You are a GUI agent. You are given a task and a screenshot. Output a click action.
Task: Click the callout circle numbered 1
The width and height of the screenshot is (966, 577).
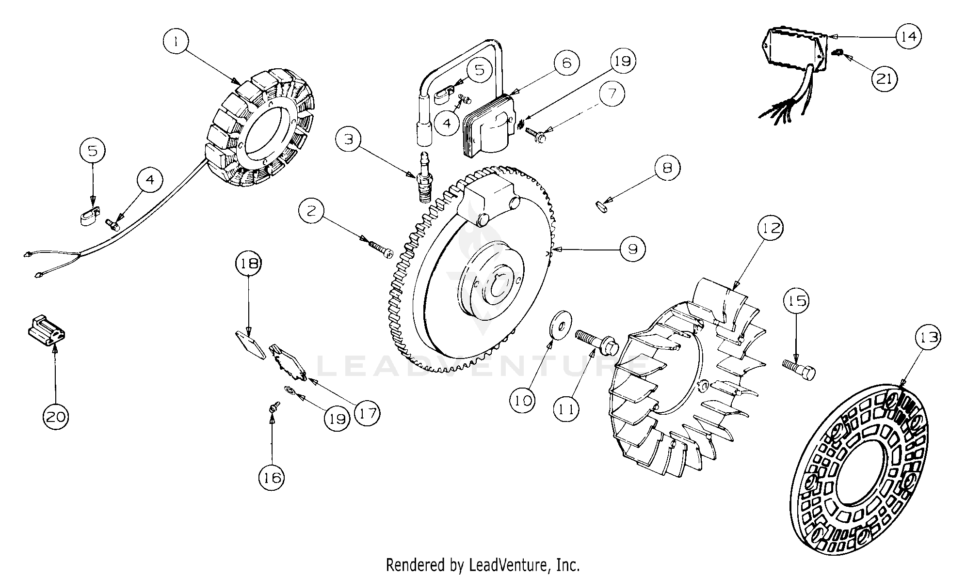(177, 42)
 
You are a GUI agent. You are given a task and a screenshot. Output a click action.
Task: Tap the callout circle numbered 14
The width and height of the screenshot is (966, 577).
(908, 36)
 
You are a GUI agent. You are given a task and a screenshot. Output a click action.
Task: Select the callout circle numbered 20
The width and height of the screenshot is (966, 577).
(56, 416)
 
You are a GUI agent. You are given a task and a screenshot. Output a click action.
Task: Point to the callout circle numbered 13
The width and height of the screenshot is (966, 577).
(928, 337)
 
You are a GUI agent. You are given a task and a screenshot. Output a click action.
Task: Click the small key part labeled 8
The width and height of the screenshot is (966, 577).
(602, 207)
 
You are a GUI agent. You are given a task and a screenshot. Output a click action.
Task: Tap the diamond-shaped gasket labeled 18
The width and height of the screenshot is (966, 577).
(250, 345)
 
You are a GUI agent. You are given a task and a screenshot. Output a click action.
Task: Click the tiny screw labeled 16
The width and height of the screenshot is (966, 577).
(274, 408)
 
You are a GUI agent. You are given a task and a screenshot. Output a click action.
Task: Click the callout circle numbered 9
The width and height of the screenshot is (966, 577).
(632, 249)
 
